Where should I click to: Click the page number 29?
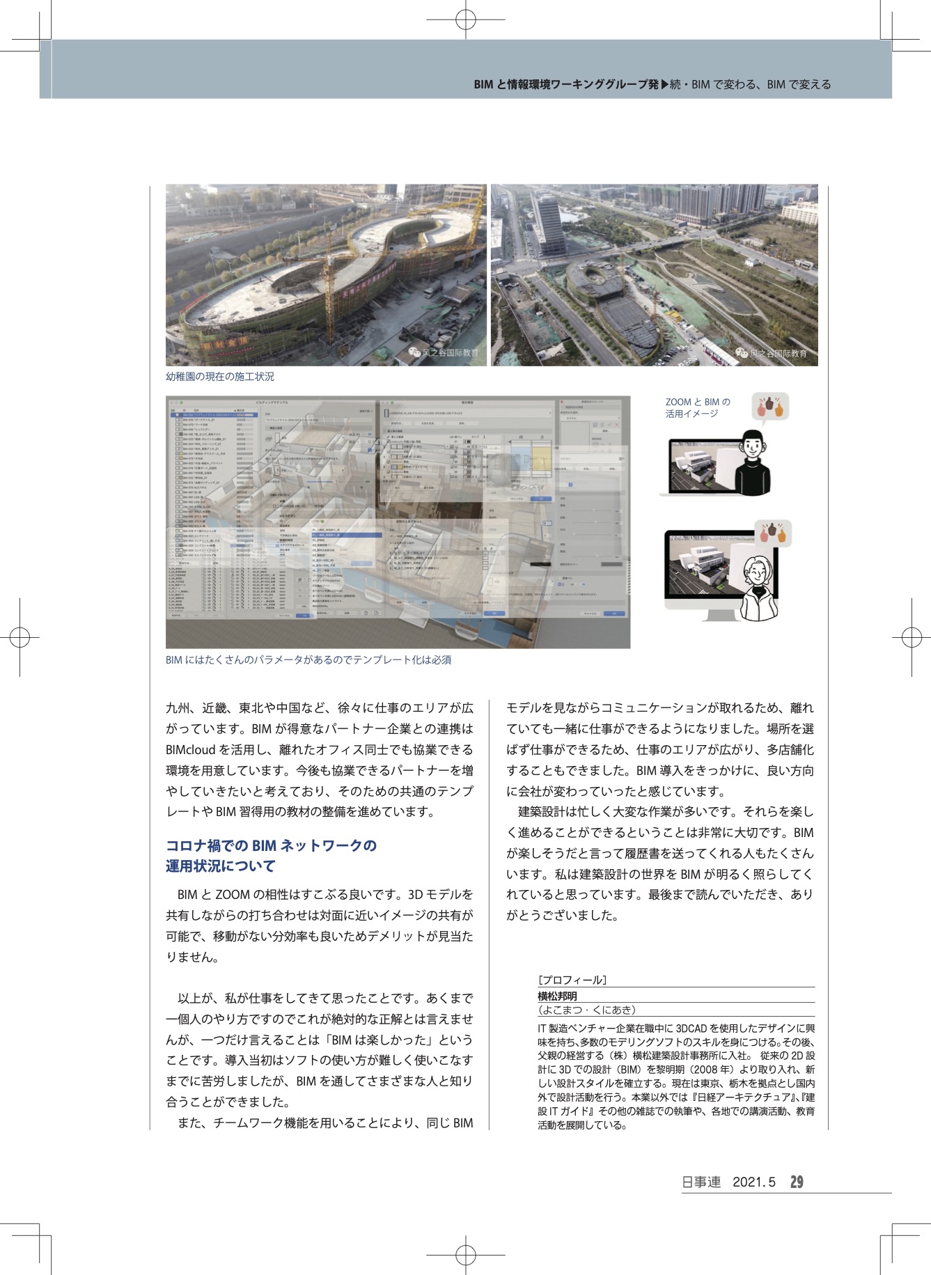797,1182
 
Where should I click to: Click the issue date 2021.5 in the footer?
753,1182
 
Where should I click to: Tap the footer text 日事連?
701,1182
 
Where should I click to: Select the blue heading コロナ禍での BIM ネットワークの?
271,846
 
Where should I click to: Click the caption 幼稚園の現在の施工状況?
220,377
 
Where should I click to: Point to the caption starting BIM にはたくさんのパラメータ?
308,659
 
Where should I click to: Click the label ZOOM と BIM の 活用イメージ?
698,407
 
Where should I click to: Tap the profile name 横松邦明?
557,996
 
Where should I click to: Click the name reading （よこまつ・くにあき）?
586,1010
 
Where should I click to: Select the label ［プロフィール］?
572,980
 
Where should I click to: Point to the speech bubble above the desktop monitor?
773,534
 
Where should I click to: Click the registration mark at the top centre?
465,20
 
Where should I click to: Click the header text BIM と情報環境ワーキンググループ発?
565,84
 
